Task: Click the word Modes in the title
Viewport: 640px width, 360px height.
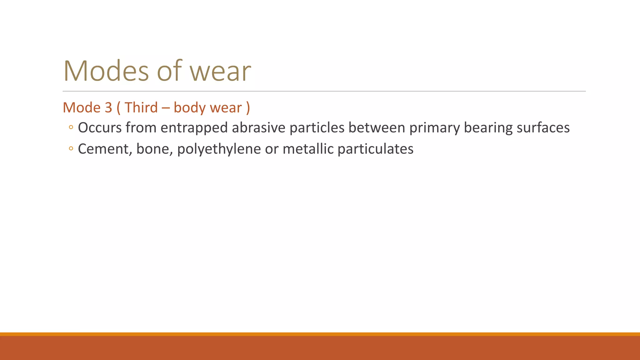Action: [x=106, y=71]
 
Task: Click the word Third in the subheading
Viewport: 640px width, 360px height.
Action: [x=141, y=108]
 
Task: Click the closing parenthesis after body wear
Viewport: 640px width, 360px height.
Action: [x=248, y=108]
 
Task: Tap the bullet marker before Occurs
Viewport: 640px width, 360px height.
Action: [x=71, y=127]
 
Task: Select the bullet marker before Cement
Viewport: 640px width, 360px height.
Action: [x=71, y=149]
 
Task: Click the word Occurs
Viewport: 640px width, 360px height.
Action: [x=100, y=128]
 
